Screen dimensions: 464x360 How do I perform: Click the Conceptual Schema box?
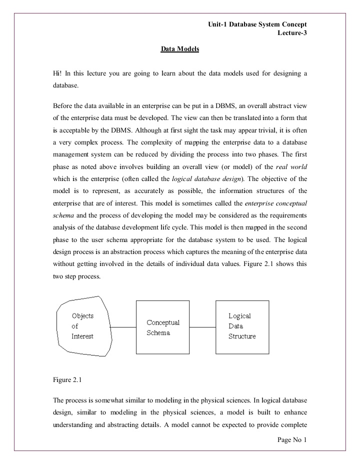tap(163, 327)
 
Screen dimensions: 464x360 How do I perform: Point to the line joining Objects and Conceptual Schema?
tap(123, 327)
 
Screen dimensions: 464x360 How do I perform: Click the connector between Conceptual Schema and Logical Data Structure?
tap(202, 327)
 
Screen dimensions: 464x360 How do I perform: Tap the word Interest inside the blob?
tap(82, 336)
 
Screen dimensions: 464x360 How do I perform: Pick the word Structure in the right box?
tap(242, 336)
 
